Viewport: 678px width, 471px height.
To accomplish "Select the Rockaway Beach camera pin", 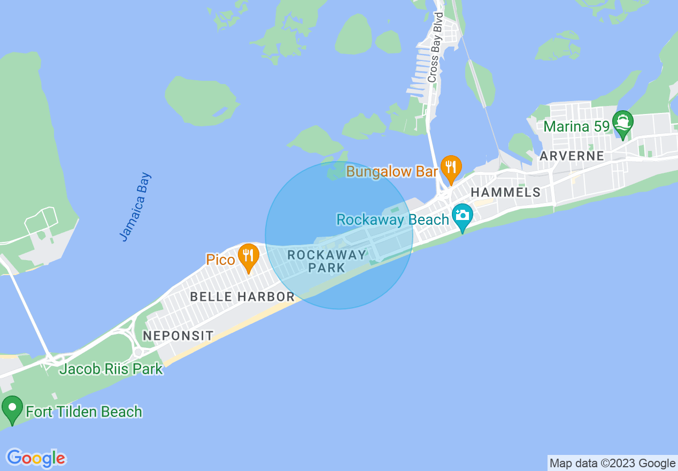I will pyautogui.click(x=463, y=216).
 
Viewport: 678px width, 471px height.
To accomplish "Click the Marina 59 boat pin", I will pyautogui.click(x=623, y=123).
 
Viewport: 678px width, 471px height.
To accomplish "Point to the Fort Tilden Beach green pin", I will pyautogui.click(x=12, y=409).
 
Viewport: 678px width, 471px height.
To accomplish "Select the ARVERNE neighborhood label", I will pyautogui.click(x=572, y=156).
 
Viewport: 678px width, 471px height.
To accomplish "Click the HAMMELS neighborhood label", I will pyautogui.click(x=505, y=193).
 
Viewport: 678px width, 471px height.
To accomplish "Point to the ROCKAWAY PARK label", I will pyautogui.click(x=327, y=261).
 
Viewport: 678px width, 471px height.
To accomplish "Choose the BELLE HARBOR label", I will pyautogui.click(x=242, y=297).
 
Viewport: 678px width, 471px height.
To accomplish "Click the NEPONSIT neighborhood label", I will pyautogui.click(x=178, y=336).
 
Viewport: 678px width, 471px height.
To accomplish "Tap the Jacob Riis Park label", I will pyautogui.click(x=111, y=369).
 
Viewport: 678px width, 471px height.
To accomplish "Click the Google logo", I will pyautogui.click(x=36, y=458).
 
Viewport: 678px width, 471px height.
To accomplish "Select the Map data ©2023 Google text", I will pyautogui.click(x=613, y=463).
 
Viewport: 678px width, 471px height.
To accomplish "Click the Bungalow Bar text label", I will pyautogui.click(x=392, y=172).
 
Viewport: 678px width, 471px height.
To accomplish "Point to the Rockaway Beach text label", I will pyautogui.click(x=392, y=219).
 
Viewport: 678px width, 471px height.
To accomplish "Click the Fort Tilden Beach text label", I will pyautogui.click(x=84, y=412).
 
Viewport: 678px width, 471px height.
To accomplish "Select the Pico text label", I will pyautogui.click(x=221, y=260).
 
